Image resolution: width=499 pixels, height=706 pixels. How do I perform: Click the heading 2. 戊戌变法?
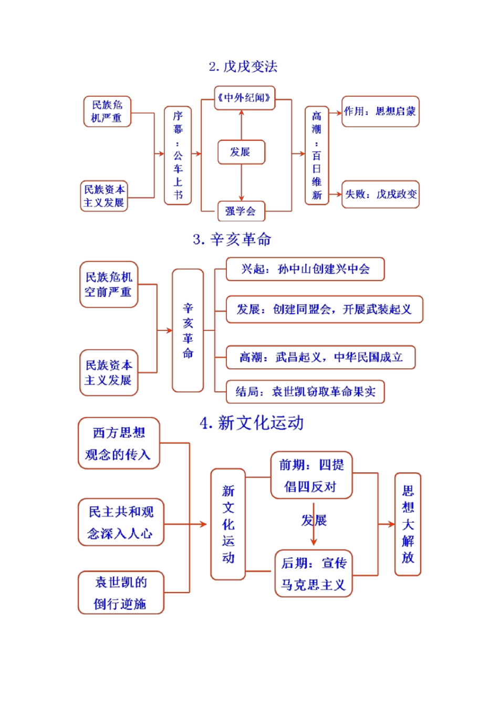coord(243,67)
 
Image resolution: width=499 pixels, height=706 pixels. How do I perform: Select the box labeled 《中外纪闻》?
coord(244,98)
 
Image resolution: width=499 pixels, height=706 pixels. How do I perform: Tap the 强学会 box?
coord(241,211)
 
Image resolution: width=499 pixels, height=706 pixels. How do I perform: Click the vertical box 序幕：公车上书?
coord(178,155)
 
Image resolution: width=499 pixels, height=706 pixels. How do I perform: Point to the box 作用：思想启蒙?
coord(380,111)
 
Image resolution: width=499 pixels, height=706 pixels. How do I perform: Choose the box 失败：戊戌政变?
coord(380,194)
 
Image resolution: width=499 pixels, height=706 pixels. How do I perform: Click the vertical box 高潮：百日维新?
coord(317,155)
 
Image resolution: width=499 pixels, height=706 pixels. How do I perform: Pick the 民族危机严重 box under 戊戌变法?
coord(107,111)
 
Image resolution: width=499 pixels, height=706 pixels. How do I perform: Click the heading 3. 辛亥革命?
coord(232,240)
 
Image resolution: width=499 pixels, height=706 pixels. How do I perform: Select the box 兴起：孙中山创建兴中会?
coord(305,269)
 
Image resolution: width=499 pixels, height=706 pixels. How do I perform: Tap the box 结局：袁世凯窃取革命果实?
coord(305,391)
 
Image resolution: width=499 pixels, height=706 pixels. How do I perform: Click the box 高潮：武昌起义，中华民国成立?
coord(320,357)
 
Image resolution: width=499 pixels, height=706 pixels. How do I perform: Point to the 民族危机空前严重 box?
coord(109,284)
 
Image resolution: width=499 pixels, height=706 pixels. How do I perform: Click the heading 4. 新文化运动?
coord(252,423)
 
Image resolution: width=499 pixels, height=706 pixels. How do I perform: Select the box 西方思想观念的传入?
coord(119,443)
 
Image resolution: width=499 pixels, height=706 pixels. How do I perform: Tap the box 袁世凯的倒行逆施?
coord(121,593)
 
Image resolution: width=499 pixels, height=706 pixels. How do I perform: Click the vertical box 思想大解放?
coord(408,524)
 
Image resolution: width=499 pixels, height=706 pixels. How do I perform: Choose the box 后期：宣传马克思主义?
coord(313,574)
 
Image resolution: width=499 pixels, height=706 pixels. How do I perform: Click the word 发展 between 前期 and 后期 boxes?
coord(314,520)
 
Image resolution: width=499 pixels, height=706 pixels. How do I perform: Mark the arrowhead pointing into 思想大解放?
coord(391,524)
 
